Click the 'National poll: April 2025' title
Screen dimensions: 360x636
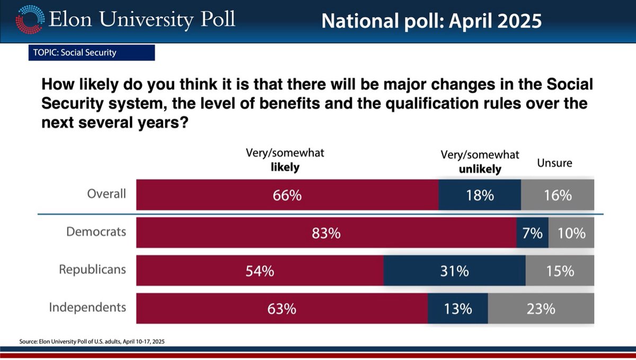point(431,21)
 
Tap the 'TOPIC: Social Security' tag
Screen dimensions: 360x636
point(91,52)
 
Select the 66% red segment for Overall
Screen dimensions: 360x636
point(287,195)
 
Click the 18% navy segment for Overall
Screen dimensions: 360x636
point(480,195)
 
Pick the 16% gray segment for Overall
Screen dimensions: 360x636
point(558,195)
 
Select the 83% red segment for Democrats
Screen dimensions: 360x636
point(326,233)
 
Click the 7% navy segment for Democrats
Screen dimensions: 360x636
point(532,233)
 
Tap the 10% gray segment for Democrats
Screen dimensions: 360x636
point(571,233)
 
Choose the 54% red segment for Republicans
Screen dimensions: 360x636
point(260,271)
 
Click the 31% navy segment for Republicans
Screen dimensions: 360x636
point(454,271)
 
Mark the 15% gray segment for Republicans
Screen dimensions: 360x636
point(560,271)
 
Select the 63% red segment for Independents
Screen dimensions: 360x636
point(282,309)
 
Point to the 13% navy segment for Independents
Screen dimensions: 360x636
point(458,309)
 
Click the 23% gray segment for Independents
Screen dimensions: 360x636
point(541,309)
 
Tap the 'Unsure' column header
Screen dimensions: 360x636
point(554,163)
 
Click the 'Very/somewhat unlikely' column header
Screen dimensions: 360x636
point(480,162)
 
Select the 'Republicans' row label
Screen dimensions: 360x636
point(92,269)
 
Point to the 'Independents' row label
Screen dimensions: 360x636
point(87,307)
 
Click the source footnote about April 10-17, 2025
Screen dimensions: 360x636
point(96,342)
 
